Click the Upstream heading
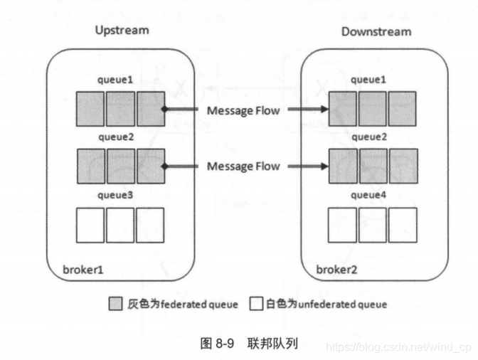(122, 31)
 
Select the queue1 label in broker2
(370, 80)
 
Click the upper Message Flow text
(243, 110)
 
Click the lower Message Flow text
(243, 166)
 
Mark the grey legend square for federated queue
(115, 305)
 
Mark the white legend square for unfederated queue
(257, 305)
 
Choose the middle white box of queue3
(121, 226)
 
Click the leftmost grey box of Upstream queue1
(90, 110)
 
